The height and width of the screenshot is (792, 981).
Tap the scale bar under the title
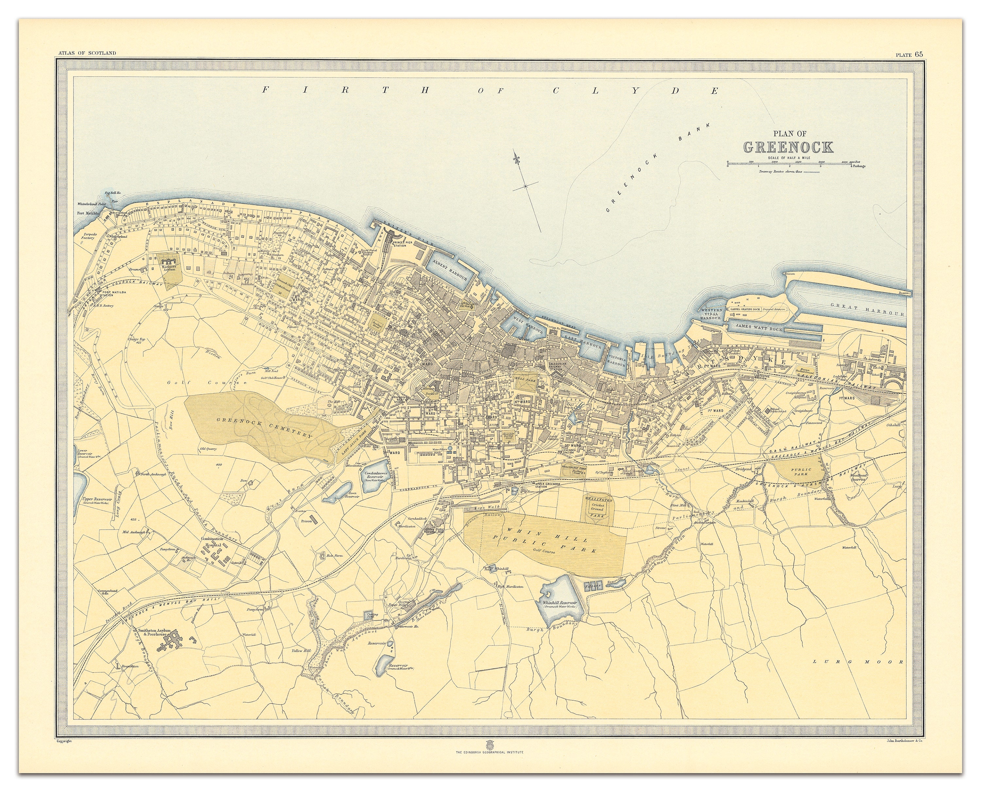[789, 163]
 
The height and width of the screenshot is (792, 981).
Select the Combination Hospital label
[212, 542]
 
